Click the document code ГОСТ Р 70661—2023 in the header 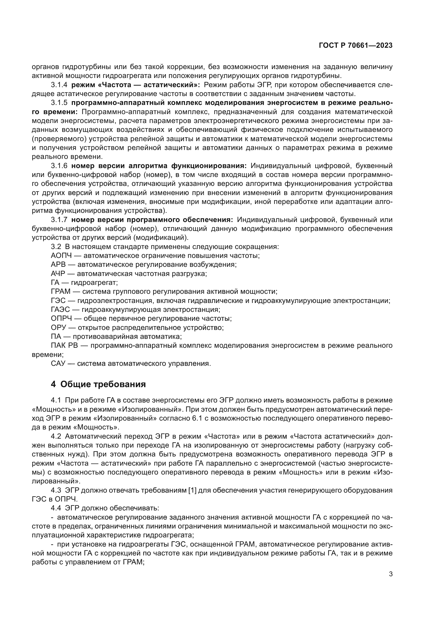[x=356, y=46]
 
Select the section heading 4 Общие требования [x=98, y=384]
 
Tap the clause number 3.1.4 [x=59, y=85]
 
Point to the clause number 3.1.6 [x=59, y=166]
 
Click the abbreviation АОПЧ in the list [x=61, y=255]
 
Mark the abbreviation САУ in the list [x=58, y=364]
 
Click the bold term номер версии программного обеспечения [x=152, y=220]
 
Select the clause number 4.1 [x=56, y=400]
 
